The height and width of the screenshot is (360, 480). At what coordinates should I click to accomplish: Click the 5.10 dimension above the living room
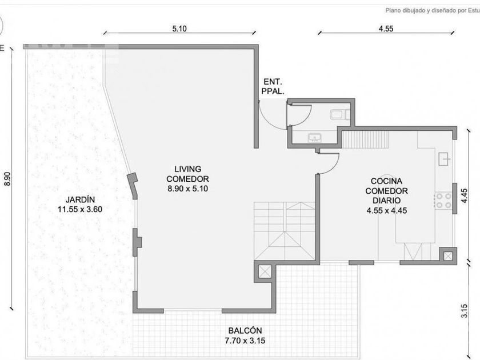click(x=179, y=29)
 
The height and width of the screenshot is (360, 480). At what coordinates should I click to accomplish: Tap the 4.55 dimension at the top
click(x=386, y=29)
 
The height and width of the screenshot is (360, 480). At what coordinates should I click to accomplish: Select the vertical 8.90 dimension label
click(x=7, y=179)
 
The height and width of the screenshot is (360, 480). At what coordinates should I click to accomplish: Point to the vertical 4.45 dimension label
click(x=465, y=195)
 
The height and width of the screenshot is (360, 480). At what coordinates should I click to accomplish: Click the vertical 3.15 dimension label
click(x=465, y=311)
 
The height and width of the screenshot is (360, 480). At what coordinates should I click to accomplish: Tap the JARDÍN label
click(x=80, y=199)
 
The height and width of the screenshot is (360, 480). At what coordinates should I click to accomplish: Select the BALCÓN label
click(x=245, y=331)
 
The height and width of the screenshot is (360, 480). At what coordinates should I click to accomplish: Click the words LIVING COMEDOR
click(x=187, y=174)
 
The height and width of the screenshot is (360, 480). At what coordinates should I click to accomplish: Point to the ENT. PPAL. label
click(x=273, y=86)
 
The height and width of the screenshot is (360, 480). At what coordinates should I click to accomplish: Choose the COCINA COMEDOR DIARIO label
click(x=387, y=191)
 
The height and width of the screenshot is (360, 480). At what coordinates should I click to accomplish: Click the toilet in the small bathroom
click(x=340, y=114)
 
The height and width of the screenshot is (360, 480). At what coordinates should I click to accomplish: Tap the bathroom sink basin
click(x=315, y=138)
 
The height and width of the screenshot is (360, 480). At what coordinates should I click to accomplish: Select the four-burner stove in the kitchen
click(x=443, y=201)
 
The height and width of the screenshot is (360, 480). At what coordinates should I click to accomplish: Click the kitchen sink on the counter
click(x=445, y=159)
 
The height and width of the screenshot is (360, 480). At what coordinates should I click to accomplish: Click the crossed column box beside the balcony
click(x=265, y=271)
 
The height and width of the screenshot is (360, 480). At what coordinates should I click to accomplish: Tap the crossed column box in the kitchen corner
click(x=448, y=256)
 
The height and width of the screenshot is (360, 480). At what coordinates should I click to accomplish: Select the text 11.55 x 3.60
click(x=80, y=209)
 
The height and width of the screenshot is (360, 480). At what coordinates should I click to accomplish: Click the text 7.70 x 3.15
click(x=245, y=341)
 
